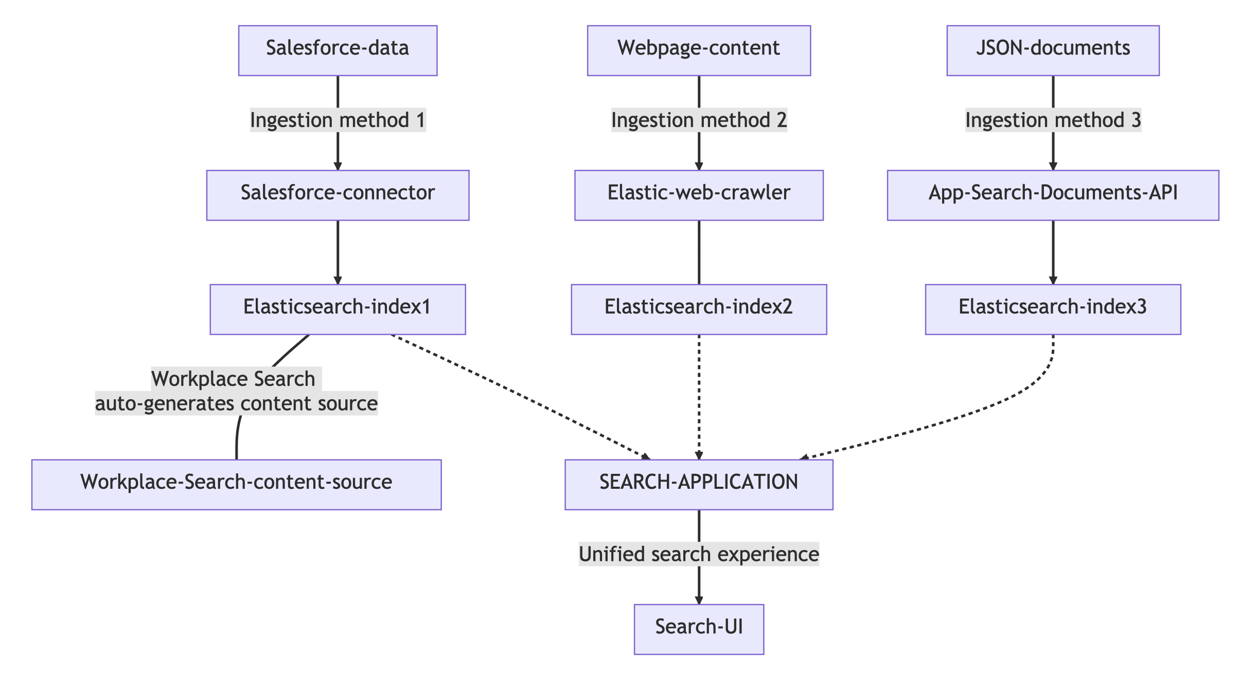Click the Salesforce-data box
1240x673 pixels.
338,50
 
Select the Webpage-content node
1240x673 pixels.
698,50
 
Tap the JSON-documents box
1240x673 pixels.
1052,50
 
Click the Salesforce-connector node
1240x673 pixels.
338,195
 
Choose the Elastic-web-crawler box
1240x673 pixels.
698,195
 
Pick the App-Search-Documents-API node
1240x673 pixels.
1052,195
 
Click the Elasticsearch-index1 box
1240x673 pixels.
338,309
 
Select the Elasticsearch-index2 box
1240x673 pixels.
698,309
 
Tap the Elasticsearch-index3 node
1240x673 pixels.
1052,309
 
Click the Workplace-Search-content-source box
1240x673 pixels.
236,484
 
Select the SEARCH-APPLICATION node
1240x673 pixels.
698,484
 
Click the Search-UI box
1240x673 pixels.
698,629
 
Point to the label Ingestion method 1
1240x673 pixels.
338,120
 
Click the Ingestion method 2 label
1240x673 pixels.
698,120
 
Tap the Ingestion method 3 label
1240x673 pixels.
1052,120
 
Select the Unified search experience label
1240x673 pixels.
698,555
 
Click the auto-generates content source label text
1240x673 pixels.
236,403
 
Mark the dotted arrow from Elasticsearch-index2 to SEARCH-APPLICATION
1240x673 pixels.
699,396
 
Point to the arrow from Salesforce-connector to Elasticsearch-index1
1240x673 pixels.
338,252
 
